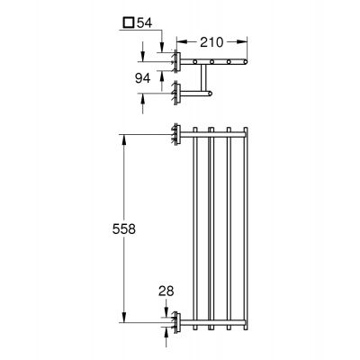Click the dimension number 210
211,41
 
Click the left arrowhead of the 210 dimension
178,41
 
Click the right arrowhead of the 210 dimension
244,41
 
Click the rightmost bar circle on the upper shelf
243,62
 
